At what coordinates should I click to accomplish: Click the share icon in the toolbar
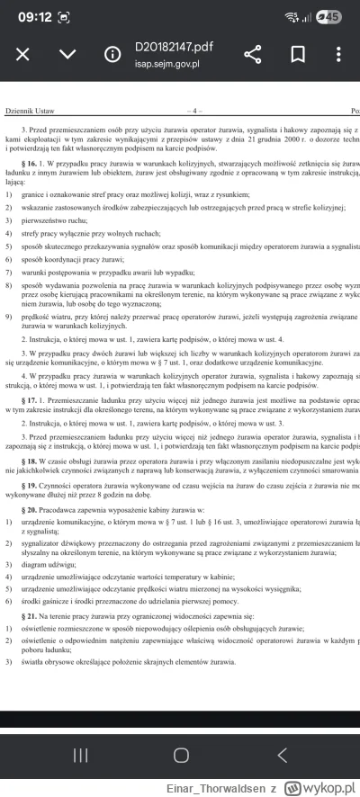pos(253,54)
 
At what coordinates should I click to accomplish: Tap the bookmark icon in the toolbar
pos(298,54)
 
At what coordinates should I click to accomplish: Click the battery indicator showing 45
pos(330,15)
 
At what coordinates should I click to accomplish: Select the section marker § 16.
pos(38,165)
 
